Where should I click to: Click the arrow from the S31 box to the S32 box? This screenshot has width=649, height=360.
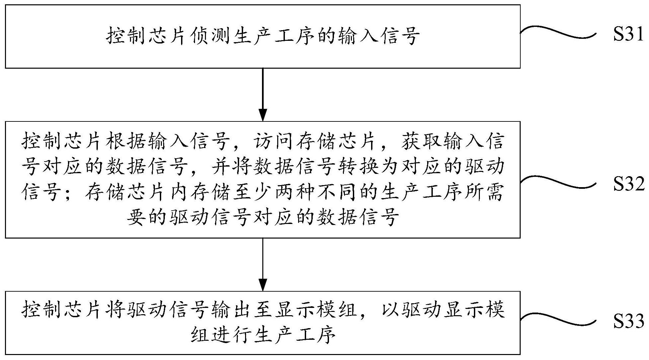pyautogui.click(x=263, y=95)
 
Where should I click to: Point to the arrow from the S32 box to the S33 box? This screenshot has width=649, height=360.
pyautogui.click(x=263, y=264)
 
